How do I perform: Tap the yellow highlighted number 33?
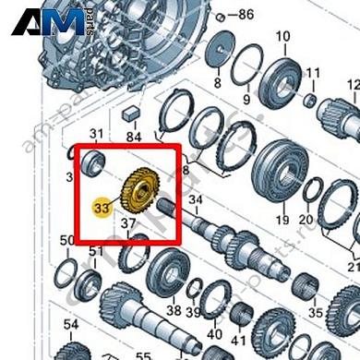(x=102, y=209)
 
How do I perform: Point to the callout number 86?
(x=245, y=16)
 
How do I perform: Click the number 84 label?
(x=134, y=137)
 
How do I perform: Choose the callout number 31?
(x=96, y=135)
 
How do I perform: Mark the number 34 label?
(x=194, y=199)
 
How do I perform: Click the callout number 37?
(x=127, y=222)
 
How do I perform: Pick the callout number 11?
(x=313, y=72)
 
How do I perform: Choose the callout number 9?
(x=246, y=98)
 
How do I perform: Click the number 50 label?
(x=66, y=241)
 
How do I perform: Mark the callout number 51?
(x=96, y=251)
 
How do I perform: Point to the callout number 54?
(x=71, y=324)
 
